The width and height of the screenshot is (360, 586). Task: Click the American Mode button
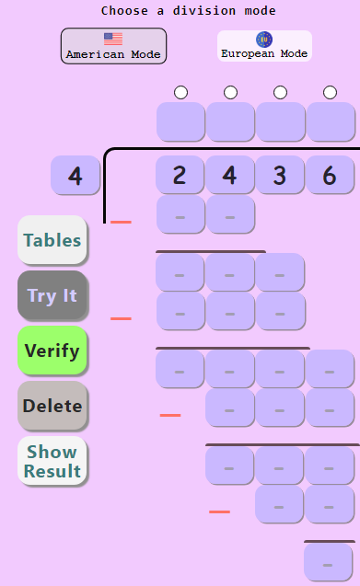113,46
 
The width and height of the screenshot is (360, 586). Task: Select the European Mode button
264,46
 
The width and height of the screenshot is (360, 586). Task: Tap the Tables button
52,240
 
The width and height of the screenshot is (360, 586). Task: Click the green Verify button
52,350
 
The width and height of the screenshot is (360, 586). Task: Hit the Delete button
52,406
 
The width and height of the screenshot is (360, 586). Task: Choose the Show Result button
52,462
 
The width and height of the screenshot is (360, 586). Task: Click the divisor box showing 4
75,175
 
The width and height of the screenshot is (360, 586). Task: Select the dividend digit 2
180,175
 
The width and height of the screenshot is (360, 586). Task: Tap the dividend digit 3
280,175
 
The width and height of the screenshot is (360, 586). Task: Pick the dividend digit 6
330,175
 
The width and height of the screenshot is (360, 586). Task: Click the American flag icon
113,39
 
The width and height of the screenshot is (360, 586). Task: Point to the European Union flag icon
264,39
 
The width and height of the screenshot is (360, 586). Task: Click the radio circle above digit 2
180,92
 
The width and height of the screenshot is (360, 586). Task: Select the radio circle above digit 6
330,92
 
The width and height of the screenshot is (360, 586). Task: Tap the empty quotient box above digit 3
280,121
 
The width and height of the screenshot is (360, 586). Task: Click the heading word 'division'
184,11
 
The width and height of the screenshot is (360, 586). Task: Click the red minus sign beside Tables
121,222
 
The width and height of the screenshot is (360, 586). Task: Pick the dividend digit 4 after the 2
230,175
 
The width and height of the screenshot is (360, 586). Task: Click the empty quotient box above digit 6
330,121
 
